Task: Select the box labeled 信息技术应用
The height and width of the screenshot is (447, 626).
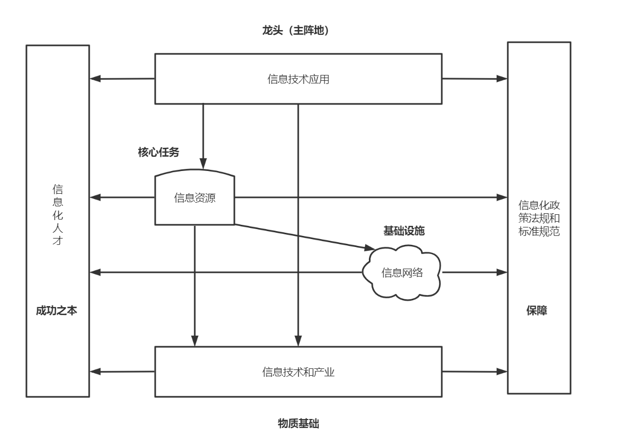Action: [298, 79]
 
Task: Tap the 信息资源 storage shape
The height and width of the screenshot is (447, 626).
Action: [195, 198]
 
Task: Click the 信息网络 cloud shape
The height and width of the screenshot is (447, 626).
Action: [402, 273]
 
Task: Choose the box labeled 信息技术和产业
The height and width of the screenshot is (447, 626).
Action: [298, 372]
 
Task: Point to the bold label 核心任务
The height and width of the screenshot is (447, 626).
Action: [158, 153]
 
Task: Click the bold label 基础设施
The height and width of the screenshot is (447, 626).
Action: [404, 231]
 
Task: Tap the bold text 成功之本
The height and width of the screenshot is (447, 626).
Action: [56, 311]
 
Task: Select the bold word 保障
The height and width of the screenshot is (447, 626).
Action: [537, 311]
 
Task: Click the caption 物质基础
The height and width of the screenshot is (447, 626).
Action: [298, 424]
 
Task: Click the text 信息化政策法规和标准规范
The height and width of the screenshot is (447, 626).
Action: [539, 218]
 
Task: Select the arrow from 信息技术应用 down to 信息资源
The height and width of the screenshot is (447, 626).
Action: [203, 135]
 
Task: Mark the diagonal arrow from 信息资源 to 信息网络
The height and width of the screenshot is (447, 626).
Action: [303, 236]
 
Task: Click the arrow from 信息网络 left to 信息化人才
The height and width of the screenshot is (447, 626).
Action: [227, 272]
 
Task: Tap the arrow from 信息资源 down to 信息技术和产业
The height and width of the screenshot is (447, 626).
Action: [195, 285]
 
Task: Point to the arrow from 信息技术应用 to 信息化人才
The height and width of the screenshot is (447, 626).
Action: [122, 79]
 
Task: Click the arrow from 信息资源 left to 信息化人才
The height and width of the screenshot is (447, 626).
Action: [122, 198]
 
